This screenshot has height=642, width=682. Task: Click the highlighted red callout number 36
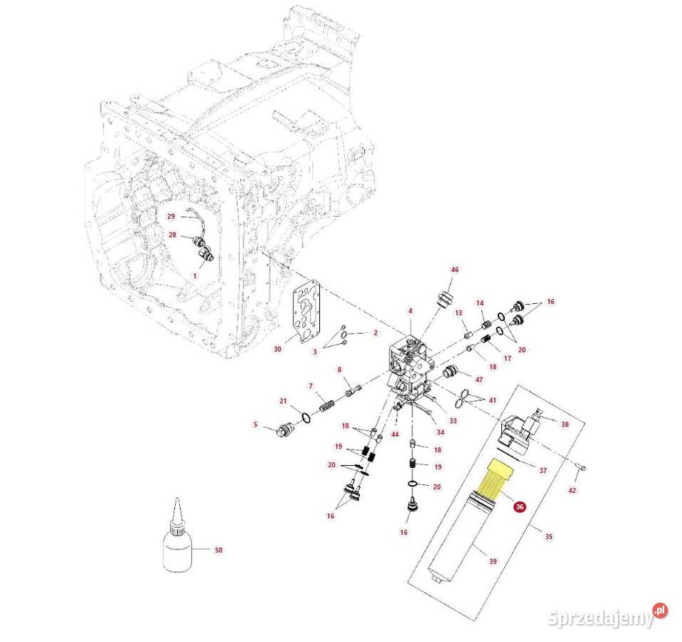point(520,506)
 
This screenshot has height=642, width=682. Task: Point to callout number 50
point(219,550)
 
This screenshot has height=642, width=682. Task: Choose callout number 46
point(454,270)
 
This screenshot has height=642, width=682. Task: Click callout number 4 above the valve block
point(410,310)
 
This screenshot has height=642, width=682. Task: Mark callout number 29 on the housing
point(171,216)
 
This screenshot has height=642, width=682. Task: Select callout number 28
point(172,235)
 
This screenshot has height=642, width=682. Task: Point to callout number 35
point(548,536)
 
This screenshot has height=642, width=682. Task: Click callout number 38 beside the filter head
point(565,424)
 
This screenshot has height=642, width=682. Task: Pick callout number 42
point(572,491)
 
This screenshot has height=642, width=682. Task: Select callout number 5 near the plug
point(255,425)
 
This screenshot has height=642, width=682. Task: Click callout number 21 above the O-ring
point(283,400)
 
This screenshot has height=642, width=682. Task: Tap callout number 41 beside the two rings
point(492,400)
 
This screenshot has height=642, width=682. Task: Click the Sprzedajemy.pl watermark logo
point(608,615)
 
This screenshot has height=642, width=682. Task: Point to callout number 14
point(480,302)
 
